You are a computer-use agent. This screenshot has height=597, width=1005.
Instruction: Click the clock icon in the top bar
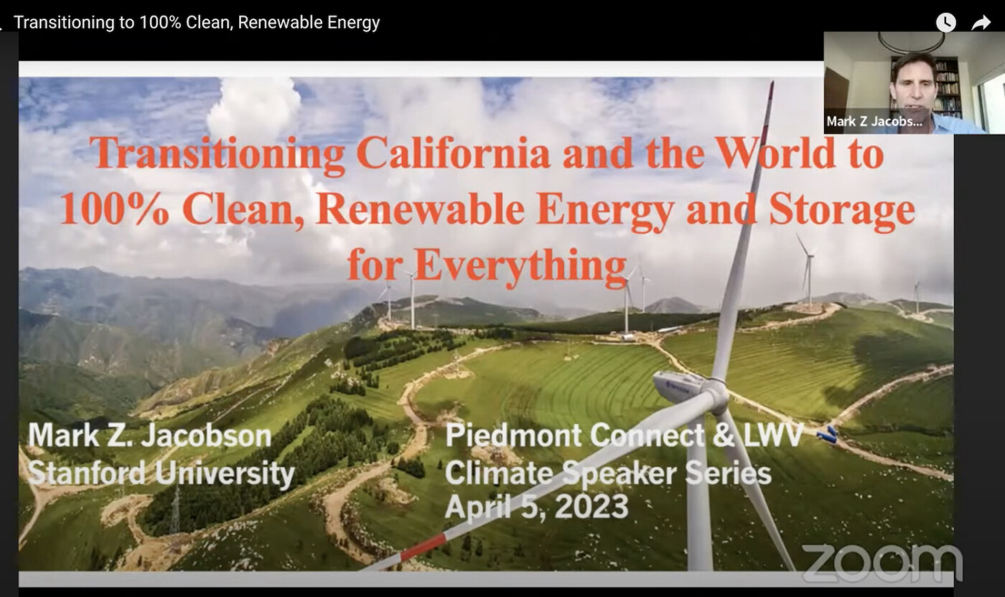point(946,22)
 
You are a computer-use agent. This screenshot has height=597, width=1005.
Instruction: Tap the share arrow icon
point(981,22)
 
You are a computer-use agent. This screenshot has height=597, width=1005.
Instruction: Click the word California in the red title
point(453,154)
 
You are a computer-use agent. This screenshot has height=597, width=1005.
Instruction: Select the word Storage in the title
point(841,210)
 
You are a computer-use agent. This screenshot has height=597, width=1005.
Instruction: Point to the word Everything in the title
point(520,265)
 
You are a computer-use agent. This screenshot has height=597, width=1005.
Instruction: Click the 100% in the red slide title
point(114,210)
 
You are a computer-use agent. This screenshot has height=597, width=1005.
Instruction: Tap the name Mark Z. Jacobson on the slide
point(150,436)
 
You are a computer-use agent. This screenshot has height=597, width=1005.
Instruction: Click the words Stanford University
point(161,473)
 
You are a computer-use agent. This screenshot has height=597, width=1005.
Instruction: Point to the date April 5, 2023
point(537,507)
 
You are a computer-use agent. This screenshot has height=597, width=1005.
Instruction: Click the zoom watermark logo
point(882,563)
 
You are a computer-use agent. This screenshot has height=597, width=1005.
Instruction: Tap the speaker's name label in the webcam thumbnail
point(874,121)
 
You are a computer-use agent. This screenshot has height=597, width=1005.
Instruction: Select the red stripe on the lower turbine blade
point(423,547)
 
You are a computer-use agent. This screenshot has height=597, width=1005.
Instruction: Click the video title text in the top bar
point(197,22)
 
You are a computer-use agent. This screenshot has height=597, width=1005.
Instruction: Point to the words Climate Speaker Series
point(608,473)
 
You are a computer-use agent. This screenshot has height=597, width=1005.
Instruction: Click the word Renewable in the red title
point(420,210)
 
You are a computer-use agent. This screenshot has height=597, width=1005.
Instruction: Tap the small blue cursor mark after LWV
point(828,434)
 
